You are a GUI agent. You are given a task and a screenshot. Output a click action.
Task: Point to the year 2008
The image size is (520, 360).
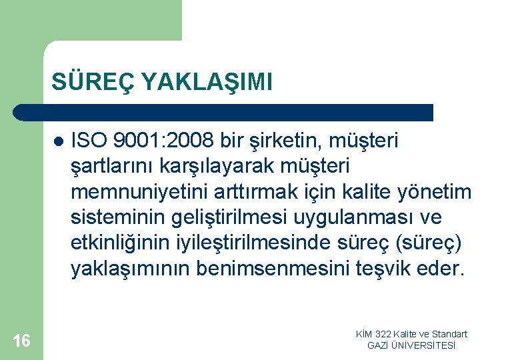coord(190,141)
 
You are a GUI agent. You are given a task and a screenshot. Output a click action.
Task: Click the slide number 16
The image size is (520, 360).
coord(21,341)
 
